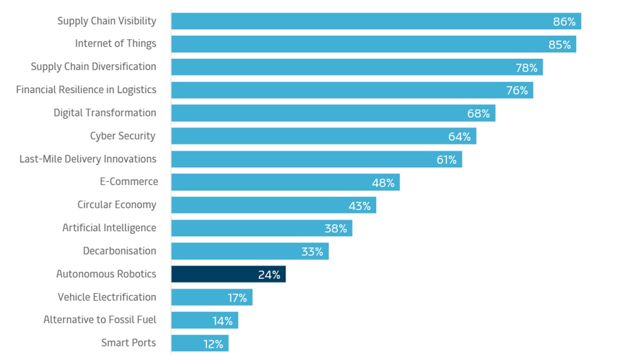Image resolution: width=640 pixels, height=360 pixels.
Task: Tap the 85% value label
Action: point(559,44)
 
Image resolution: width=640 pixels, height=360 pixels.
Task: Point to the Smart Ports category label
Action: point(128,343)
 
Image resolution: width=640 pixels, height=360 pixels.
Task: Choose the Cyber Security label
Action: point(122,136)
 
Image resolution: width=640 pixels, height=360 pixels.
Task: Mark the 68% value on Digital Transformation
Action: point(478,113)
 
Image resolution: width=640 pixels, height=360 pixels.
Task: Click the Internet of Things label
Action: point(115,43)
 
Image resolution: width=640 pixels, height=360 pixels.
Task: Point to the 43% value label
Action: point(359,205)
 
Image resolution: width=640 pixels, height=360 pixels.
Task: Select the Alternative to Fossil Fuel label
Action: point(100,320)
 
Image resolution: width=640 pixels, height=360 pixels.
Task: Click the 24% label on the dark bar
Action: point(269,274)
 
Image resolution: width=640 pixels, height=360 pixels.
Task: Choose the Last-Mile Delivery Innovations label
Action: point(88,159)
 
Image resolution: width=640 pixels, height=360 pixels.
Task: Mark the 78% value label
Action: point(526,67)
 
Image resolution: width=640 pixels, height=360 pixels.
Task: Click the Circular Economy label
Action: point(117,205)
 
